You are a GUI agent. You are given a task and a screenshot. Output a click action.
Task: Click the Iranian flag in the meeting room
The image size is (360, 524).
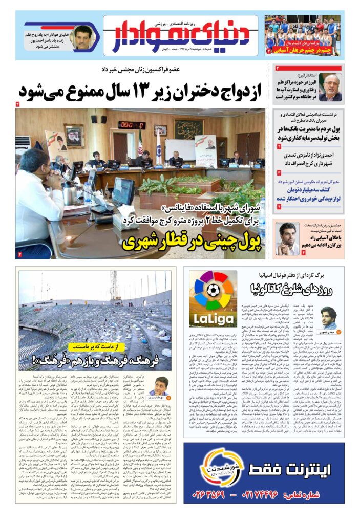coord(140,143)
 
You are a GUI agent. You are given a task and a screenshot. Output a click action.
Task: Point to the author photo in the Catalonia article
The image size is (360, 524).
coord(328,317)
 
